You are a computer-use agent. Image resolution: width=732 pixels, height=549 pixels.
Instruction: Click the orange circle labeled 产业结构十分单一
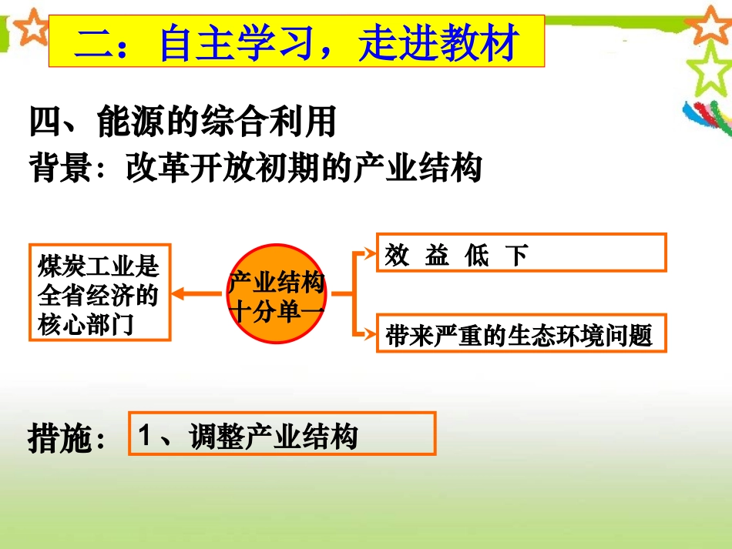[277, 294]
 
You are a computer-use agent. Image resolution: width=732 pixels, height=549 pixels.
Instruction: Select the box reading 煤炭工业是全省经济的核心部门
[99, 293]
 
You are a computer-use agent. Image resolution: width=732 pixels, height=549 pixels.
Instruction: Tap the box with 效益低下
[521, 253]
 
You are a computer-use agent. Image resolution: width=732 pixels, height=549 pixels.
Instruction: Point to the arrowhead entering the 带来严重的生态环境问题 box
[369, 333]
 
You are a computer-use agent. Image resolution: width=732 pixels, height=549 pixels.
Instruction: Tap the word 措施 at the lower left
[59, 438]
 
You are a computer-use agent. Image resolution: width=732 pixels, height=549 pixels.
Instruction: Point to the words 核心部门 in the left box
[86, 325]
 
